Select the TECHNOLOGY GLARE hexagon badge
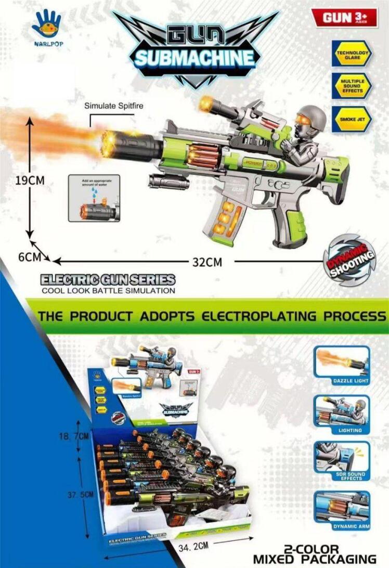(x=352, y=55)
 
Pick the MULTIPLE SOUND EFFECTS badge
(x=352, y=86)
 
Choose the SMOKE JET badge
(x=352, y=119)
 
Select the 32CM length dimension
(x=207, y=262)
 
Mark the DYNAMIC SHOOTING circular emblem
(x=348, y=259)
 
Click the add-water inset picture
(x=94, y=198)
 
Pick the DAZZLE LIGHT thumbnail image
(x=342, y=363)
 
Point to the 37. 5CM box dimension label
(x=80, y=495)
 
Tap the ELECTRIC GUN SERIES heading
(x=108, y=280)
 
